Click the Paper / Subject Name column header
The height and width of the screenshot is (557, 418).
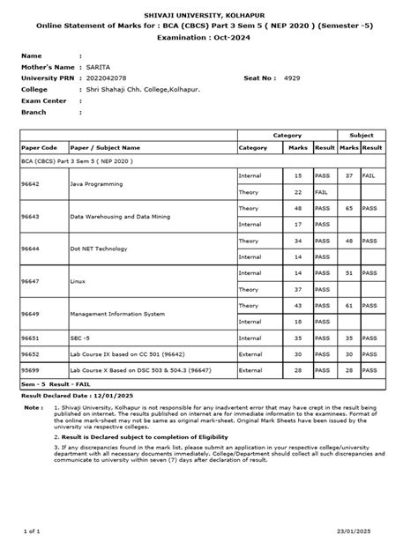pyautogui.click(x=105, y=147)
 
